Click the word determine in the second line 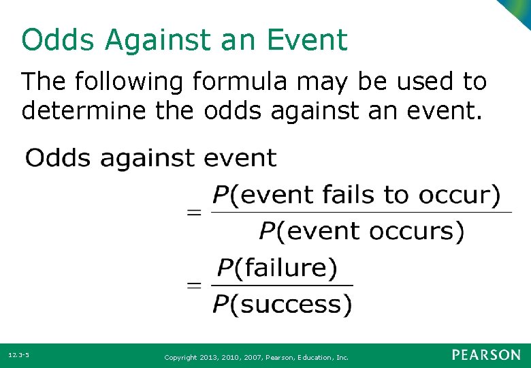(x=84, y=110)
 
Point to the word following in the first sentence (x=129, y=82)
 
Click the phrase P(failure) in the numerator (x=276, y=267)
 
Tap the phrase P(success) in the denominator (x=283, y=304)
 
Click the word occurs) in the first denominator (x=417, y=231)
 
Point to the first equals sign (x=195, y=213)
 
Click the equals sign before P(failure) (x=195, y=285)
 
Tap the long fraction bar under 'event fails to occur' (x=361, y=213)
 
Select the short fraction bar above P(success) (x=283, y=286)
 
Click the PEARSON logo (x=485, y=355)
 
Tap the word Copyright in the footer (x=180, y=356)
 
